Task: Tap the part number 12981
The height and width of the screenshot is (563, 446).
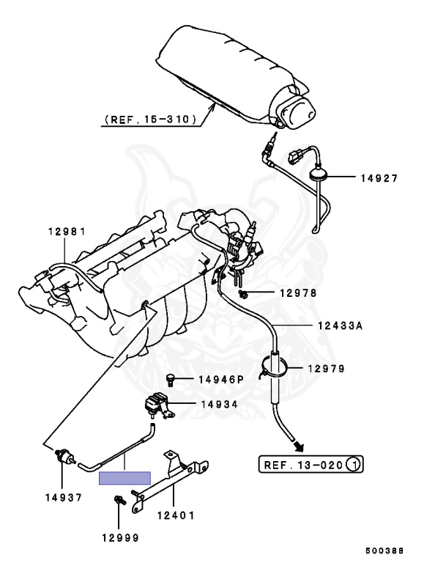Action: [67, 232]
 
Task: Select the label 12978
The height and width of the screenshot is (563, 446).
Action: [298, 293]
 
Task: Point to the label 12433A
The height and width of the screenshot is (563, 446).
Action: [340, 326]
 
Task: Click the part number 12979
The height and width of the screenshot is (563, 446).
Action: [326, 369]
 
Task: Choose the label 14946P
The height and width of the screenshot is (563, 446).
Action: [220, 380]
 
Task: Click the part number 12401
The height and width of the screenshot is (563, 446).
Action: [176, 515]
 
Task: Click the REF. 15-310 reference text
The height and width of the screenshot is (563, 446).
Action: [150, 119]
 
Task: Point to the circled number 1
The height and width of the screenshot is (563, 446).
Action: [354, 464]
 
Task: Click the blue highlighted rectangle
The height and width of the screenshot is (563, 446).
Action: [124, 479]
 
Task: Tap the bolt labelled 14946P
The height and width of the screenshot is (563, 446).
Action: [171, 379]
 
